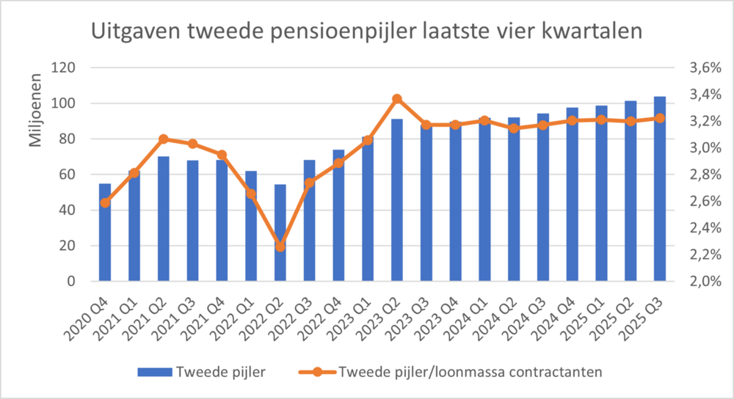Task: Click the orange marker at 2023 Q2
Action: coord(397,99)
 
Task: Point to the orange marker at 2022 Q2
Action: coord(280,247)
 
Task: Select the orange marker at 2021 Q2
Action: coord(163,139)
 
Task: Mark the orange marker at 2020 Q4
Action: coord(105,202)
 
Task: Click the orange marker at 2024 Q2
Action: coord(514,128)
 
